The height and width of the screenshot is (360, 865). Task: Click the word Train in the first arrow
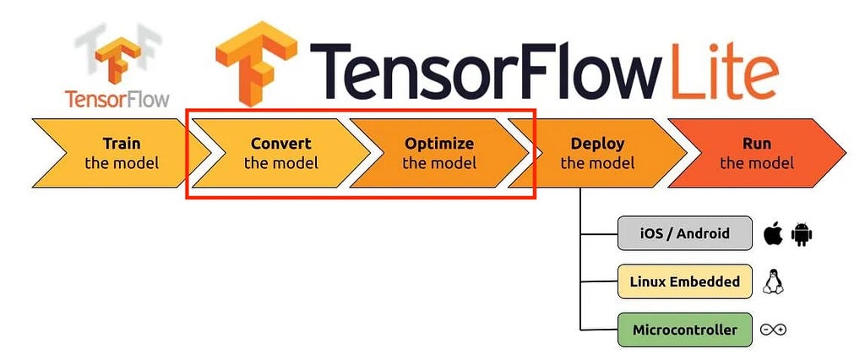(x=122, y=144)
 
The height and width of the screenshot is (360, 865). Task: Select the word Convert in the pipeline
(x=280, y=144)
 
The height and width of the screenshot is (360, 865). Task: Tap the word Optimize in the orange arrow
(x=439, y=145)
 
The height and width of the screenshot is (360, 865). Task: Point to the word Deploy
(x=597, y=145)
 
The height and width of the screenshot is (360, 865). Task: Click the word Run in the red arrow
(x=757, y=144)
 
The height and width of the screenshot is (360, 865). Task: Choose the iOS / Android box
(x=684, y=233)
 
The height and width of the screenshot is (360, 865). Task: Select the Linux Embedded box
(x=684, y=281)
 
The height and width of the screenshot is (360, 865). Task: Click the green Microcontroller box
(x=684, y=330)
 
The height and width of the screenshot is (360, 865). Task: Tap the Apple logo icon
(x=773, y=234)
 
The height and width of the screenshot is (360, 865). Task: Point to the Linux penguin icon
(x=773, y=281)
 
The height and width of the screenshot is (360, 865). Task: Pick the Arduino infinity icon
(x=773, y=330)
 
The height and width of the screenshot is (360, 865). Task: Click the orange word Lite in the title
(x=724, y=70)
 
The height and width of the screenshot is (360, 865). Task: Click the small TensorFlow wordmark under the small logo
(x=117, y=100)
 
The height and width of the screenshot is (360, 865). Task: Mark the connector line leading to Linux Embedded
(x=599, y=281)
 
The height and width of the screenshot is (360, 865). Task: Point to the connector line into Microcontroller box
(x=599, y=330)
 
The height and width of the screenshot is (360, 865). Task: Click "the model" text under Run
(x=757, y=163)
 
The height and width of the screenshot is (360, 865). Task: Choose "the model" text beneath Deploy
(x=597, y=163)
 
